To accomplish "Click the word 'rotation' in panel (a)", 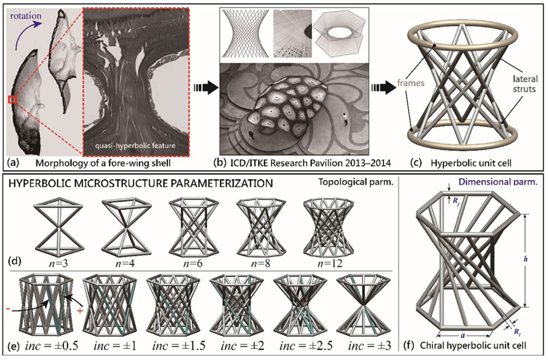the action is tap(26, 16).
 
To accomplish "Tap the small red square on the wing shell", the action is tap(12, 100).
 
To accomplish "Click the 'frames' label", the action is tap(411, 83).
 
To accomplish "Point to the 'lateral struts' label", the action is tap(524, 84).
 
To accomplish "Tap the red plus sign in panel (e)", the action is tap(80, 310).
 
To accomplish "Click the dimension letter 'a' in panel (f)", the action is tap(462, 335).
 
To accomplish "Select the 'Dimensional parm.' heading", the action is tap(498, 182).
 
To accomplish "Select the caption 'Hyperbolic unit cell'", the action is tap(471, 163).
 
